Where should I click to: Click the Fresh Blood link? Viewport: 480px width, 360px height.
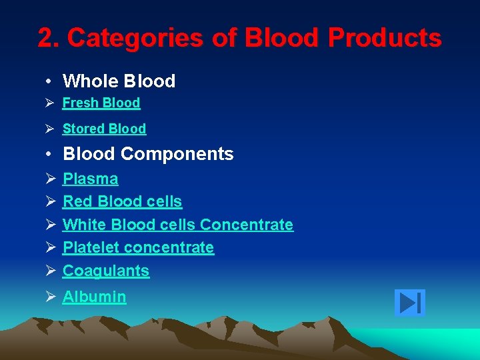(x=101, y=103)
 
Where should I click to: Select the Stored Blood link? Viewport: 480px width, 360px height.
(x=104, y=129)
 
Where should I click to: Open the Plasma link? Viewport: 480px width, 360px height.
(x=90, y=179)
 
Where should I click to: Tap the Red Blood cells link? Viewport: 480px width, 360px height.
(x=122, y=201)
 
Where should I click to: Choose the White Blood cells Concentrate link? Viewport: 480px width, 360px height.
(x=177, y=225)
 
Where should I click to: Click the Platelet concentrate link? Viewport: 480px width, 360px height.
(x=138, y=247)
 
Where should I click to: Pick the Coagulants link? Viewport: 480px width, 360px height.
(x=105, y=271)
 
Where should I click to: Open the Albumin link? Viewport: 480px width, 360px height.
(x=94, y=297)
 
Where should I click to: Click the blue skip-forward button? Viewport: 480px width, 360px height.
(x=409, y=303)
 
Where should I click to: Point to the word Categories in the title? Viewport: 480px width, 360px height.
(x=135, y=39)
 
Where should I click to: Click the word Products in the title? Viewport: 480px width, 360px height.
(x=385, y=39)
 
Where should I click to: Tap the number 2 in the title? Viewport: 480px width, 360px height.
(x=45, y=39)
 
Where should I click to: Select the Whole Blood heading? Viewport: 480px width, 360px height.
(x=119, y=81)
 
